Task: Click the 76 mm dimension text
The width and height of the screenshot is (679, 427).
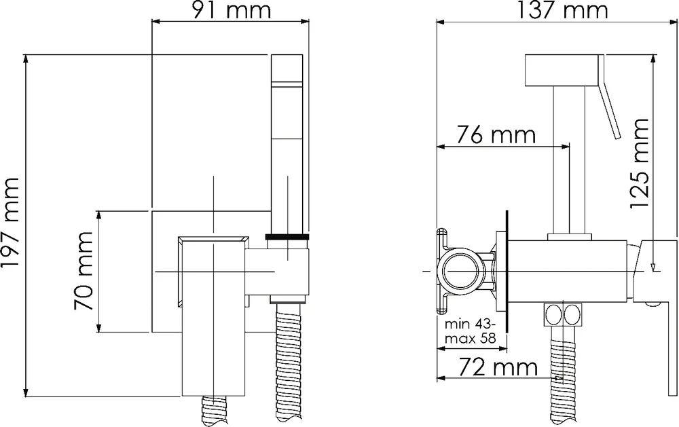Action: (486, 135)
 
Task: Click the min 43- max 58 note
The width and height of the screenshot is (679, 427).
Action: (469, 331)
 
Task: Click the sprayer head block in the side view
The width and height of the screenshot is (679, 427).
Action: (562, 71)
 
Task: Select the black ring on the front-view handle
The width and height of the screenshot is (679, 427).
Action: (287, 237)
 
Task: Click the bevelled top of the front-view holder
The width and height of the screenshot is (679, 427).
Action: (213, 240)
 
